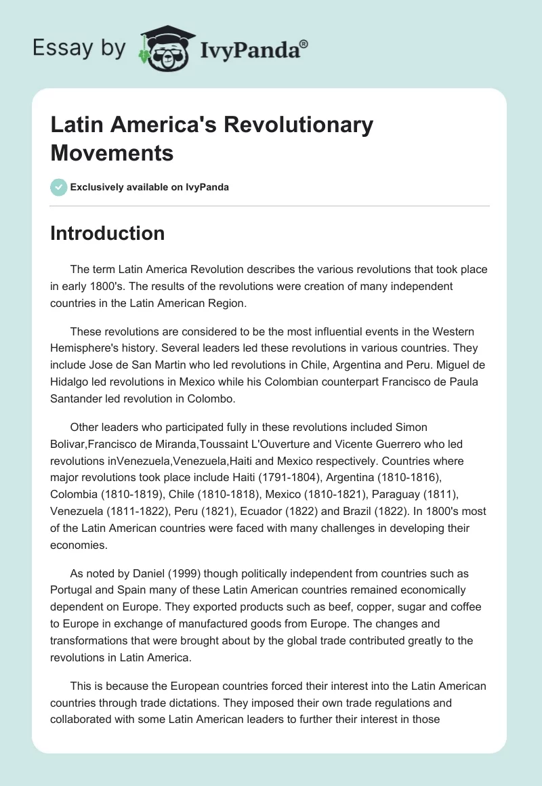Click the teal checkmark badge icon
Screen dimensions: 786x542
[59, 187]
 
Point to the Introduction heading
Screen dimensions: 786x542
[107, 233]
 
